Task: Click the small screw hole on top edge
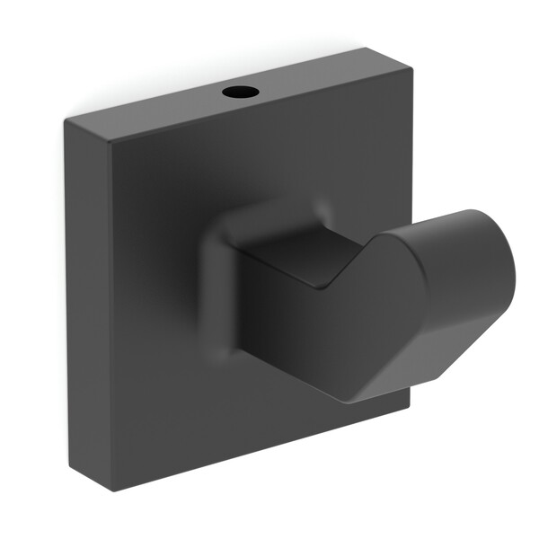tap(240, 92)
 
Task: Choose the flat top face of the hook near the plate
tap(287, 256)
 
